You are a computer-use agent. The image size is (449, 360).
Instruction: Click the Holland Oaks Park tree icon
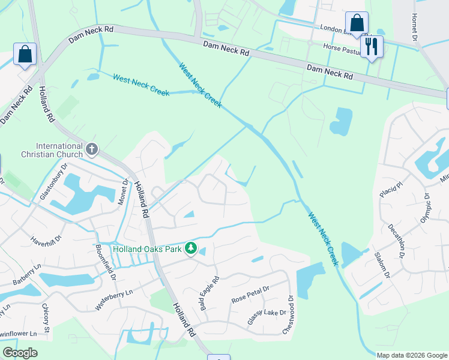191,248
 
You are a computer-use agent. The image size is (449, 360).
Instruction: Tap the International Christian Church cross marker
91,148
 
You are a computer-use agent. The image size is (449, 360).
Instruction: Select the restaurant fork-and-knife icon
372,46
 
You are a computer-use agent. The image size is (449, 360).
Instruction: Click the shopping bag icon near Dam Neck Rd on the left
26,55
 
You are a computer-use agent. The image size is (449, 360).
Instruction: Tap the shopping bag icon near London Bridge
357,23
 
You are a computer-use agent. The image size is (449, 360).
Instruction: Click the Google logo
20,353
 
